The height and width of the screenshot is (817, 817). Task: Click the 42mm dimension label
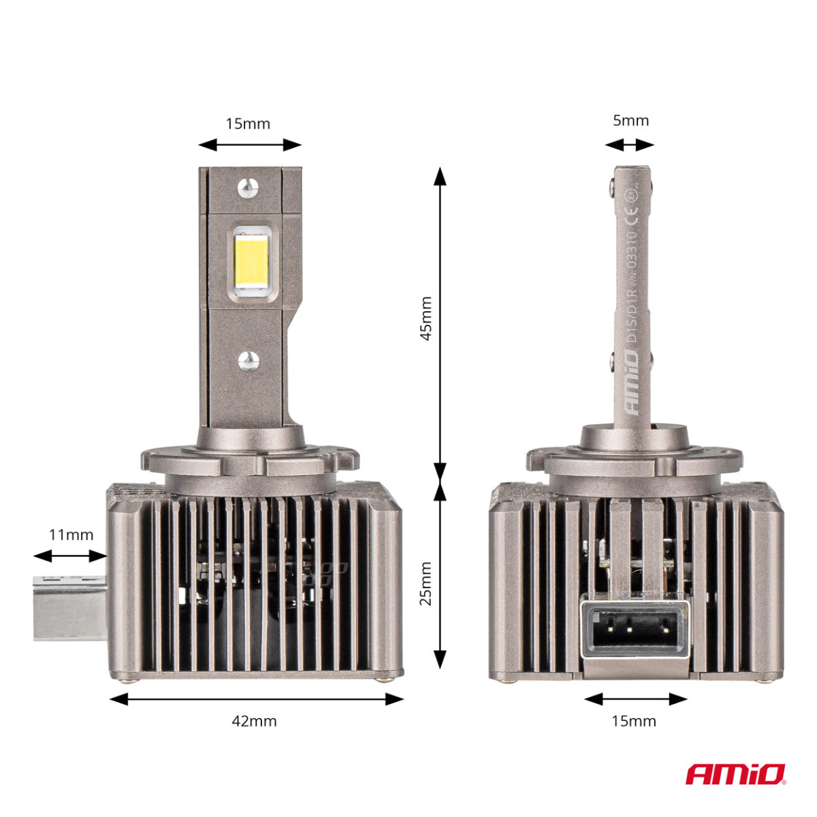[x=255, y=721]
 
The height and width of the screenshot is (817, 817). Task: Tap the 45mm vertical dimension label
[x=426, y=318]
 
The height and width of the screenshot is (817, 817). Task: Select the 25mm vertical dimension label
[x=426, y=583]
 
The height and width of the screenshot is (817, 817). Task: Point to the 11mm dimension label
[x=71, y=534]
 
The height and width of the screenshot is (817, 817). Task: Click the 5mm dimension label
[x=630, y=121]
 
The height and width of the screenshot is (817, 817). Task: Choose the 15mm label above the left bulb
[x=248, y=123]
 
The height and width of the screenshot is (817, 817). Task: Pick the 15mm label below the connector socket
[x=634, y=721]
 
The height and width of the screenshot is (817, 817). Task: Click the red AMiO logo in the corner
[x=735, y=774]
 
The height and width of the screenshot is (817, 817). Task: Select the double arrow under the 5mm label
[x=629, y=144]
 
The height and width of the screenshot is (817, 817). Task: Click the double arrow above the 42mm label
[x=256, y=699]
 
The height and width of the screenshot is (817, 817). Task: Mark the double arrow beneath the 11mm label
[x=71, y=556]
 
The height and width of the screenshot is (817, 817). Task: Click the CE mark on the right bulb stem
[x=631, y=219]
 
